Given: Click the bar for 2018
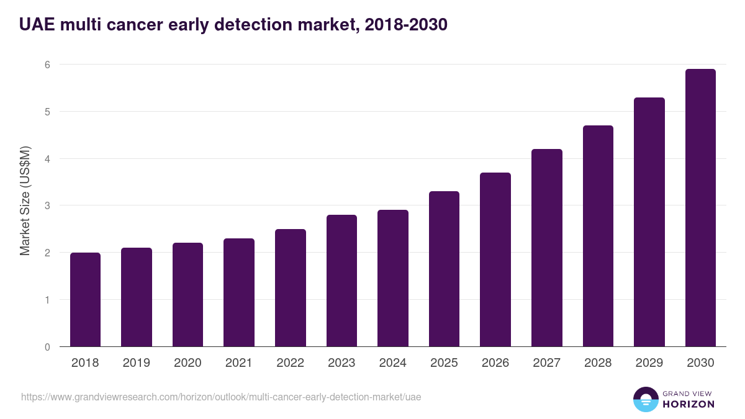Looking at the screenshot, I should [x=85, y=299].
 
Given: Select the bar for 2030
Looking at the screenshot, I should [x=700, y=208].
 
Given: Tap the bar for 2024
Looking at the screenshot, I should [x=393, y=278].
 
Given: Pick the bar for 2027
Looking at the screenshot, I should [x=547, y=248].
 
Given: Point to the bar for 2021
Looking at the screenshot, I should [x=239, y=292].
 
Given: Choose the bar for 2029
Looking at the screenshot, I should [x=649, y=222].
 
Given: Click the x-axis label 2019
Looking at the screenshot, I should [x=137, y=363].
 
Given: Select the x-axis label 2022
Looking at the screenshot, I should [x=290, y=363].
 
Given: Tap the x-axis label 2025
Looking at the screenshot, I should [x=444, y=363].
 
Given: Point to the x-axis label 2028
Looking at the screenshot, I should [x=598, y=363].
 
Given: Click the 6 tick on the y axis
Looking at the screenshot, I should [x=47, y=65].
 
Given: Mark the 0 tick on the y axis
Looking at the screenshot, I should [x=47, y=347].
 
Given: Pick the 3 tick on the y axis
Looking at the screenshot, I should [x=47, y=205].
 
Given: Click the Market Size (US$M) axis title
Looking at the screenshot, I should [x=25, y=200].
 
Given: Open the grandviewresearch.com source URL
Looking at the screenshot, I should [x=221, y=397].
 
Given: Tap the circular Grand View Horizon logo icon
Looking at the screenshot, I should [x=646, y=399].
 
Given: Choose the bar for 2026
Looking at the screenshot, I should [x=495, y=259].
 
